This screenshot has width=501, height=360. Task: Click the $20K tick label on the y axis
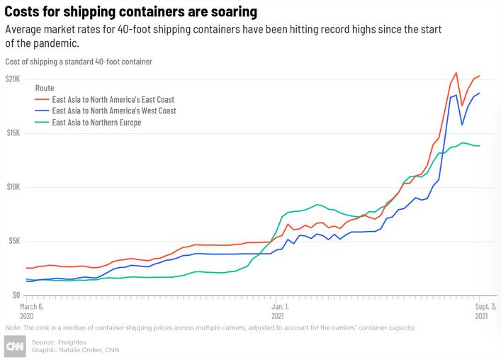[x=13, y=79]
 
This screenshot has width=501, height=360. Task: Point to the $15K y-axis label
[x=13, y=133]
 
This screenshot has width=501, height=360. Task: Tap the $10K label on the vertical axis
[x=13, y=187]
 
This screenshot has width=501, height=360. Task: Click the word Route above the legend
[x=45, y=88]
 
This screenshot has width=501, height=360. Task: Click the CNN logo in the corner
[x=13, y=346]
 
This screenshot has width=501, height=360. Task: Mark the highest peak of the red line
[x=456, y=72]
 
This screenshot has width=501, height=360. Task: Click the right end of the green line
[x=480, y=146]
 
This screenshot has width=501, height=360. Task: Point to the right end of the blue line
[x=480, y=93]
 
